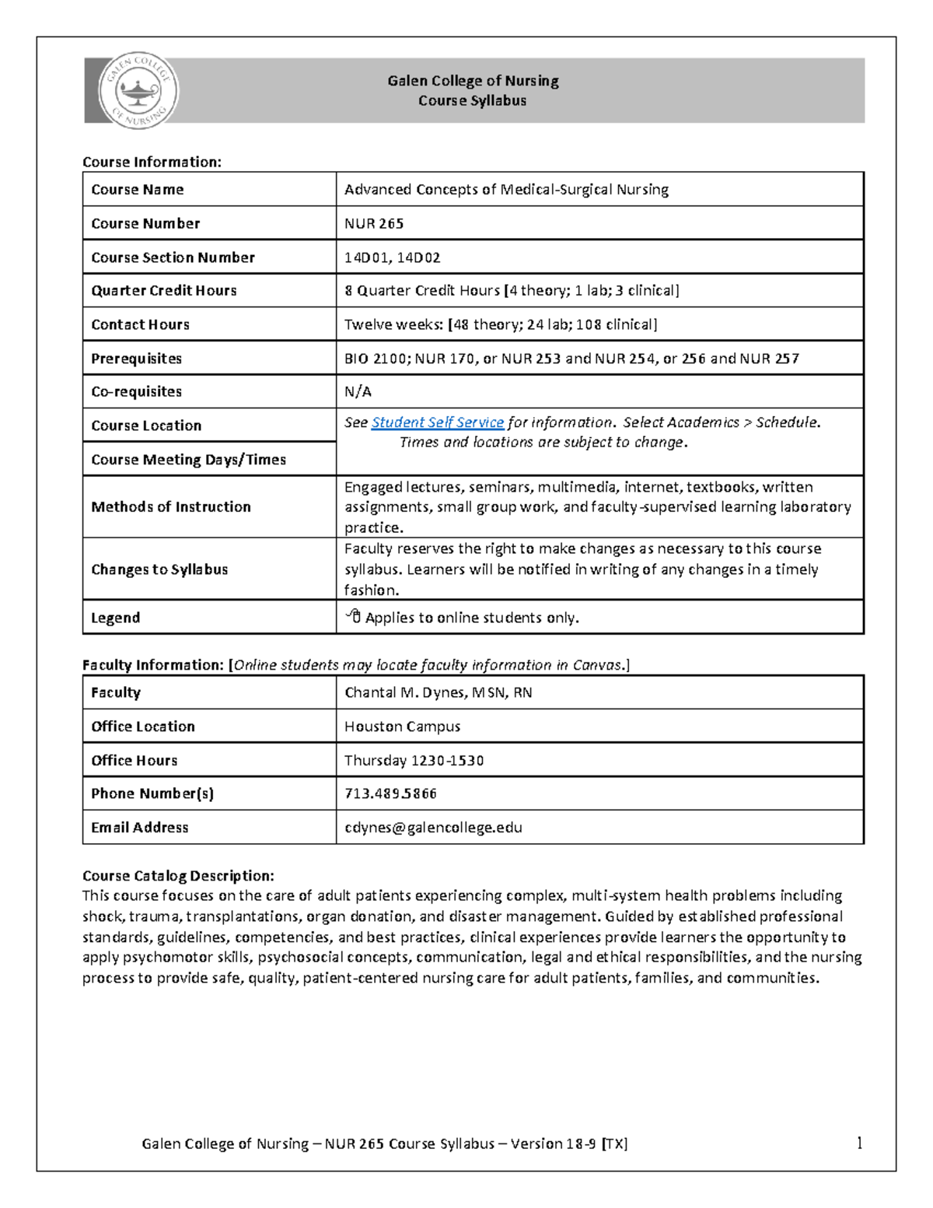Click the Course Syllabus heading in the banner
tap(472, 100)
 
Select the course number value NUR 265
tap(374, 223)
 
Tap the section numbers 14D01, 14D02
tap(392, 257)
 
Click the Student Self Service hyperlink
tap(438, 422)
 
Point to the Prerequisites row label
tap(136, 359)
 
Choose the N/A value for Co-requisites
tap(358, 391)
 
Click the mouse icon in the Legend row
tap(354, 617)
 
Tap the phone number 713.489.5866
tap(390, 793)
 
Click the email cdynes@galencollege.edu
tap(433, 828)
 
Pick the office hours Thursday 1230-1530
tap(414, 760)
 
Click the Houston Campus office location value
tap(402, 727)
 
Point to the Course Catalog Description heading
tap(178, 876)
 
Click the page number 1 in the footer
tap(859, 1143)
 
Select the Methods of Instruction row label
tap(171, 507)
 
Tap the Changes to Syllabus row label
tap(159, 569)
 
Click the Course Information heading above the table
tap(152, 162)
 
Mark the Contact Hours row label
tap(140, 324)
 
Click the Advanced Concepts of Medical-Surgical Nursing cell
tap(506, 190)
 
